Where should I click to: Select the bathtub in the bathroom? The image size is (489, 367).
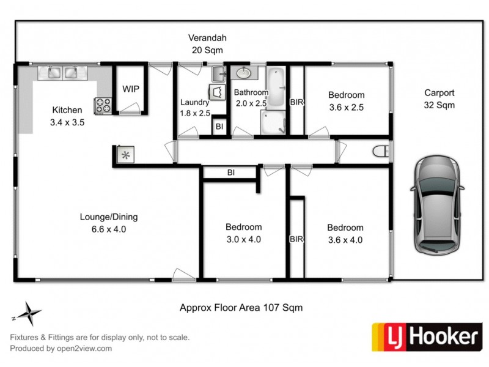pyautogui.click(x=276, y=87)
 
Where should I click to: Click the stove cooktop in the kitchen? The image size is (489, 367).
pyautogui.click(x=102, y=106)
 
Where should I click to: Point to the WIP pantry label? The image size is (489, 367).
pyautogui.click(x=131, y=89)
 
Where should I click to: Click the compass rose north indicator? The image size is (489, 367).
pyautogui.click(x=28, y=314)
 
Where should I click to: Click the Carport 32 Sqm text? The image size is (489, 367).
pyautogui.click(x=439, y=99)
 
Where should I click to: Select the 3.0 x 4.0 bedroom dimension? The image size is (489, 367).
pyautogui.click(x=243, y=239)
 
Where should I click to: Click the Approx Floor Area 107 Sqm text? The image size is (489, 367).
pyautogui.click(x=241, y=308)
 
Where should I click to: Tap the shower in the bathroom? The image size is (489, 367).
pyautogui.click(x=273, y=122)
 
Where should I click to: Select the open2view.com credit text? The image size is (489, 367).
pyautogui.click(x=61, y=349)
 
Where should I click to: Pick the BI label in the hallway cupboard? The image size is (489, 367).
pyautogui.click(x=231, y=173)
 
